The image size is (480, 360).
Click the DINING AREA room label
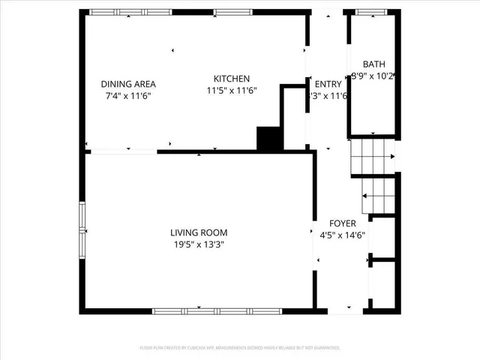(129, 84)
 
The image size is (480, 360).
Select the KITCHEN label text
(232, 79)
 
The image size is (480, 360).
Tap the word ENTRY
(328, 84)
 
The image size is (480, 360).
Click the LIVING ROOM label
(199, 232)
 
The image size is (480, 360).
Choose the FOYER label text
(343, 223)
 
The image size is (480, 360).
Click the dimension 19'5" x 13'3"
(199, 244)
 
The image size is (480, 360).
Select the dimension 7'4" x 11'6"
(129, 95)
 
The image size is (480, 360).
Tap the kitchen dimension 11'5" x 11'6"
(232, 90)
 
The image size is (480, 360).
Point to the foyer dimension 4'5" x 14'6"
(343, 235)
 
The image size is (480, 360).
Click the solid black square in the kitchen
(268, 139)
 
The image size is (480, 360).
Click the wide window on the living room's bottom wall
(217, 310)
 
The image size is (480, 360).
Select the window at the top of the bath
(367, 12)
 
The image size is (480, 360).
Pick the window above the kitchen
(227, 12)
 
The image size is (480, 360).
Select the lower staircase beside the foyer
(377, 195)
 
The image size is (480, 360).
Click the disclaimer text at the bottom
(240, 348)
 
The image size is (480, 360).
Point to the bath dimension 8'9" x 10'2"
(373, 76)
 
